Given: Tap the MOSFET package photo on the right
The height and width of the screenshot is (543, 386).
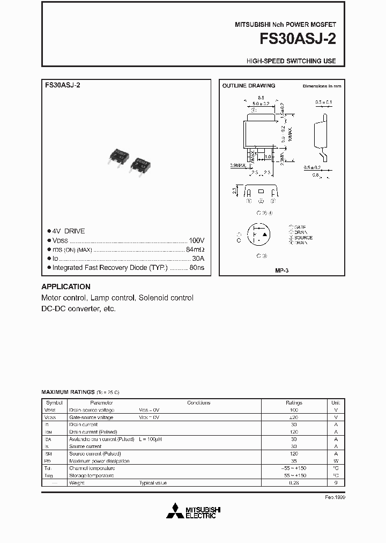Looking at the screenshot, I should [x=141, y=164].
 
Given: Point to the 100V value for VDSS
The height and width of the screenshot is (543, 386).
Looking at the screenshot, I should [x=196, y=240].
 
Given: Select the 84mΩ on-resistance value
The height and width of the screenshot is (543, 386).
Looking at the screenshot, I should [x=195, y=250].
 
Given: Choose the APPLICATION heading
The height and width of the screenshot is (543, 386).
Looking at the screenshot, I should [x=66, y=287].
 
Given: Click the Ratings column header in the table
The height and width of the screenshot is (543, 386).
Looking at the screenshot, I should [x=294, y=402].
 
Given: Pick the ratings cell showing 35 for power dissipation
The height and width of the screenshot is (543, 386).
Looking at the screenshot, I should [x=294, y=461].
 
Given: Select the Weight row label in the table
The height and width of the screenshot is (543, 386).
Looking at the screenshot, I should [x=77, y=483].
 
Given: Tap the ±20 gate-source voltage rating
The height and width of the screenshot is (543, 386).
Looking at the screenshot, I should [x=294, y=417].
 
